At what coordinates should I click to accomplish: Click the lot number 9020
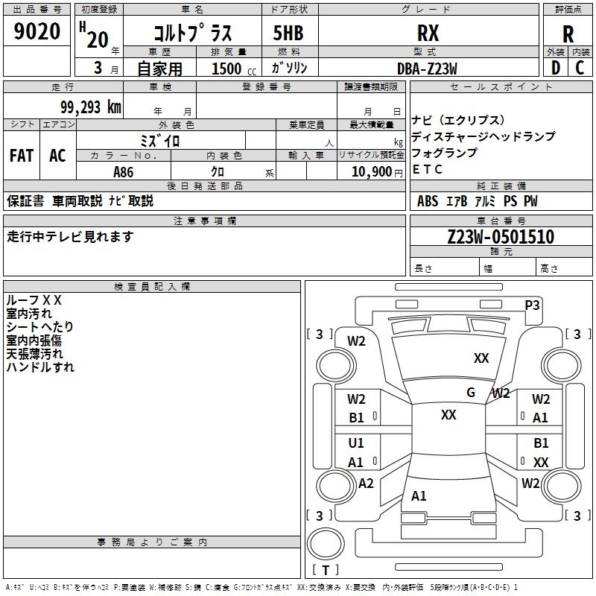tap(37, 32)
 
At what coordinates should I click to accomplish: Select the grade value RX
tap(428, 33)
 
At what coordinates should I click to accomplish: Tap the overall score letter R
tap(568, 34)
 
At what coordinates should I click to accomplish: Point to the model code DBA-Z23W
tap(427, 68)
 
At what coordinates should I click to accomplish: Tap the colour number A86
tap(124, 171)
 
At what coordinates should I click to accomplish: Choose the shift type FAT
tap(22, 156)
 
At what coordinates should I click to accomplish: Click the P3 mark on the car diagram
tap(533, 305)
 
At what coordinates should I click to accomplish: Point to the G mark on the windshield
tap(471, 393)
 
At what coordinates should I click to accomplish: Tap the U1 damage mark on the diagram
tap(356, 444)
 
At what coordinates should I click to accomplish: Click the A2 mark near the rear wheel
tap(366, 483)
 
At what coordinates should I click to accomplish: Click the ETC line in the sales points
tap(428, 169)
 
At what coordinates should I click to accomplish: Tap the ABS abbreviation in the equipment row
tap(428, 201)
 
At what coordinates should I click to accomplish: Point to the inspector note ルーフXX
tap(34, 299)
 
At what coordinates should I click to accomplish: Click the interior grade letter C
tap(580, 68)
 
